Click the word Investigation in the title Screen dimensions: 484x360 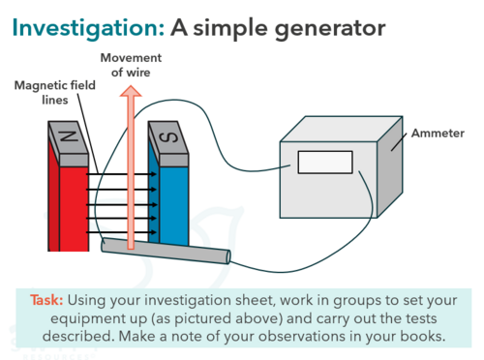[88, 28]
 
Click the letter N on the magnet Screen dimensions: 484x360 [70, 136]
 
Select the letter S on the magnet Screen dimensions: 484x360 [168, 137]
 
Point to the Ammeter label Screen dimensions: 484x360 [438, 133]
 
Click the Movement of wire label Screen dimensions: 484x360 [131, 65]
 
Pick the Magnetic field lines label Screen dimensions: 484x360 [55, 93]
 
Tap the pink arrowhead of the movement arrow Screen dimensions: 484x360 [131, 91]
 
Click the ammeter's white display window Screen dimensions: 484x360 [325, 163]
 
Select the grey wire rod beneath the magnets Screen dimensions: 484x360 [166, 252]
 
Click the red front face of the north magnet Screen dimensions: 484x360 [74, 208]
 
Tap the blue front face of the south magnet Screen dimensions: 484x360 [174, 206]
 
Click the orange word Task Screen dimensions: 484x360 [46, 300]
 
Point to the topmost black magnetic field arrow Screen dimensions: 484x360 [121, 174]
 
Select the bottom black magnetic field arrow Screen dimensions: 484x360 [121, 232]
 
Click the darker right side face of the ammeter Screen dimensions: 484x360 [390, 167]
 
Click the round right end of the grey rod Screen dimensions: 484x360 [228, 257]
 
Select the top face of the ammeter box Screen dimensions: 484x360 [342, 129]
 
